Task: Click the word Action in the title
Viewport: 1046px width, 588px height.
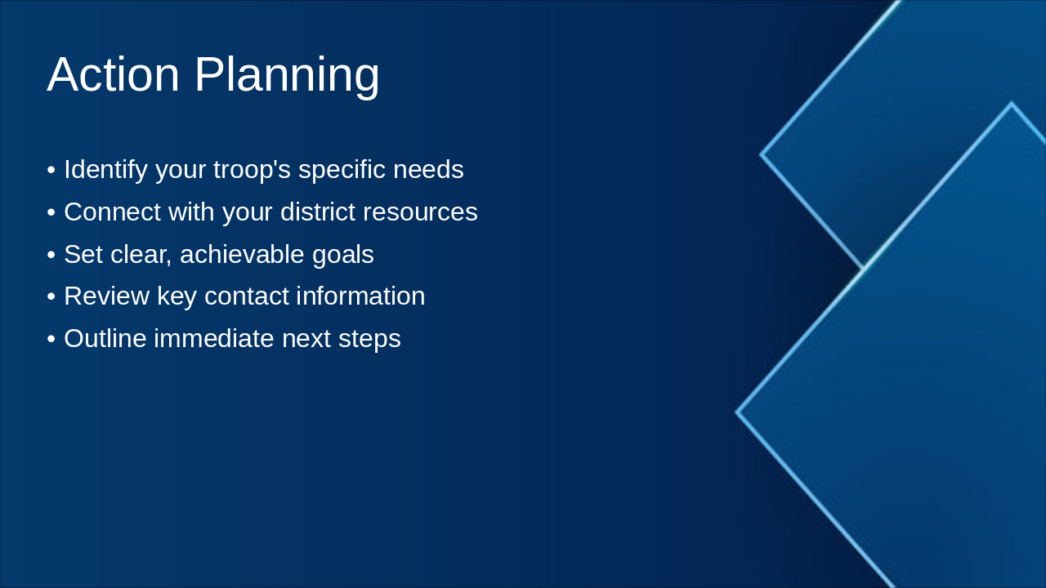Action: (114, 74)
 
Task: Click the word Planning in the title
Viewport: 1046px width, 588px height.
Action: (287, 77)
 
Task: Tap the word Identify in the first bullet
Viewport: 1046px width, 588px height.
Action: (106, 170)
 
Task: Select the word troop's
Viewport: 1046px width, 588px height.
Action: (253, 170)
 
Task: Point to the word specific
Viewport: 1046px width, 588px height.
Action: (342, 170)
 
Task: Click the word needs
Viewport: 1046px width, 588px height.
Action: (429, 169)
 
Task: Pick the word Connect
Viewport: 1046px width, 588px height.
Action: (113, 212)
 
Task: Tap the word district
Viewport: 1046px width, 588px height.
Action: (318, 212)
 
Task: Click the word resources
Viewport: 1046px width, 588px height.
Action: (420, 213)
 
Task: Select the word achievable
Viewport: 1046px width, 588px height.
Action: (242, 254)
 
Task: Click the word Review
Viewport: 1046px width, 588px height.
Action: (107, 296)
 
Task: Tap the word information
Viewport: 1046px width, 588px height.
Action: (361, 296)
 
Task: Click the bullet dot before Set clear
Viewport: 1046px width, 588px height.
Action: (51, 256)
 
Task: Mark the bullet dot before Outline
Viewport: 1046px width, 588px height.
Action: (51, 339)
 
